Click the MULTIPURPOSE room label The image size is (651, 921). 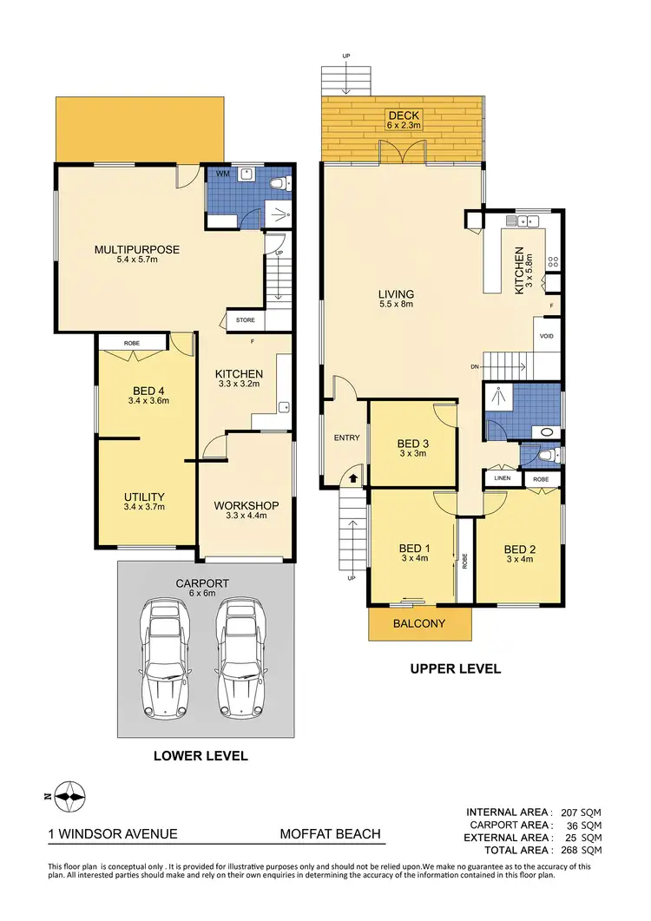click(137, 250)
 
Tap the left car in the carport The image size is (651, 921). click(165, 642)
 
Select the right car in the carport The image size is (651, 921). click(240, 642)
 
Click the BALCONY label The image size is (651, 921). click(419, 623)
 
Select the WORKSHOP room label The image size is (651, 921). click(246, 506)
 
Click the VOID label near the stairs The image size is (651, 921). click(547, 336)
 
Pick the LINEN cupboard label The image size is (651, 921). click(502, 478)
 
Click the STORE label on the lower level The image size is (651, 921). click(246, 320)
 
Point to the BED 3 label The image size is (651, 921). click(414, 442)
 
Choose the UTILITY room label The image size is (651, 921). click(144, 497)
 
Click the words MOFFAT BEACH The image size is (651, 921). click(330, 834)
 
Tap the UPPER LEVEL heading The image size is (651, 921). click(456, 668)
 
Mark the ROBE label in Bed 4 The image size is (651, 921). click(131, 344)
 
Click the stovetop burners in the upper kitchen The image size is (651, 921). click(552, 262)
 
